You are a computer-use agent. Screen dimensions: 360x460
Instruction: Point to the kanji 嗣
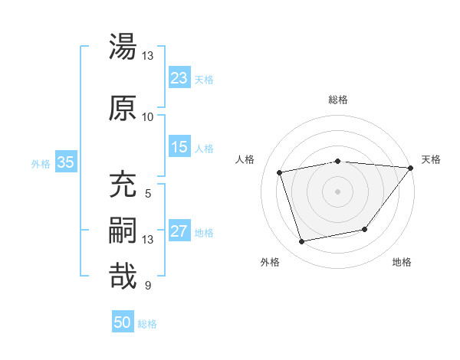pyautogui.click(x=123, y=231)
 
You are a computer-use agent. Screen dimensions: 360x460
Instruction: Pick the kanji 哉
pyautogui.click(x=123, y=276)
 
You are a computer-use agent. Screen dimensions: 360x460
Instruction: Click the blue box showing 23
pyautogui.click(x=179, y=78)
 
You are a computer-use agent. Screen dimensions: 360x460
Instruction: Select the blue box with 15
pyautogui.click(x=179, y=147)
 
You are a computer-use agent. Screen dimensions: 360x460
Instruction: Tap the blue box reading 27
pyautogui.click(x=179, y=231)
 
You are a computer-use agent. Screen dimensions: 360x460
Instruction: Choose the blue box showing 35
pyautogui.click(x=65, y=162)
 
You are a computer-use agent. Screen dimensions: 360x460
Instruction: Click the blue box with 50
pyautogui.click(x=123, y=322)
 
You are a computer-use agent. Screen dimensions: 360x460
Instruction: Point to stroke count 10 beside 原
pyautogui.click(x=147, y=116)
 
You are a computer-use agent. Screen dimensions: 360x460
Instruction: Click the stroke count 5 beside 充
pyautogui.click(x=147, y=194)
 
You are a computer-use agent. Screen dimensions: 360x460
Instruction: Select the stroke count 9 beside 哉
pyautogui.click(x=147, y=286)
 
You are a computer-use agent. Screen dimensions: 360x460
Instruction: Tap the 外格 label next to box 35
pyautogui.click(x=41, y=163)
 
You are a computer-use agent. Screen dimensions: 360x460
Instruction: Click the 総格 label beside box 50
pyautogui.click(x=147, y=324)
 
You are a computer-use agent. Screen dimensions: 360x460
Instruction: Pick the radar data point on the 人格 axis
pyautogui.click(x=280, y=172)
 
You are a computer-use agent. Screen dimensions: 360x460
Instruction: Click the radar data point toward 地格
pyautogui.click(x=365, y=229)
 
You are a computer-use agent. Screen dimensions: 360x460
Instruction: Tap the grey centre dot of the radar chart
pyautogui.click(x=337, y=191)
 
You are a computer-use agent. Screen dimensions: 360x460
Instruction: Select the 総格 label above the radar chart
pyautogui.click(x=337, y=100)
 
